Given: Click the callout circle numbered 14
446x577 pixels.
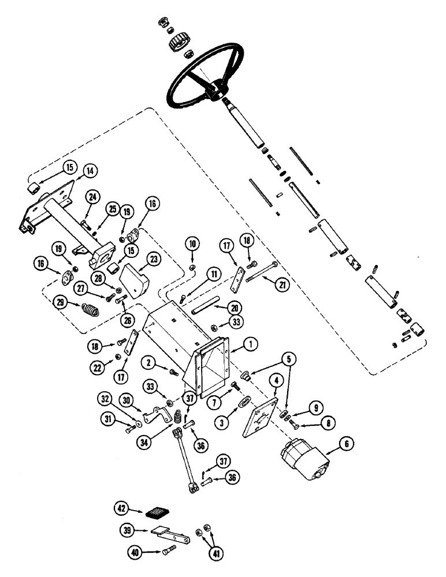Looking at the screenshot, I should coord(91,171).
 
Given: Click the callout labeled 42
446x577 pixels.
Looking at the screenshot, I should coord(121,508).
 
